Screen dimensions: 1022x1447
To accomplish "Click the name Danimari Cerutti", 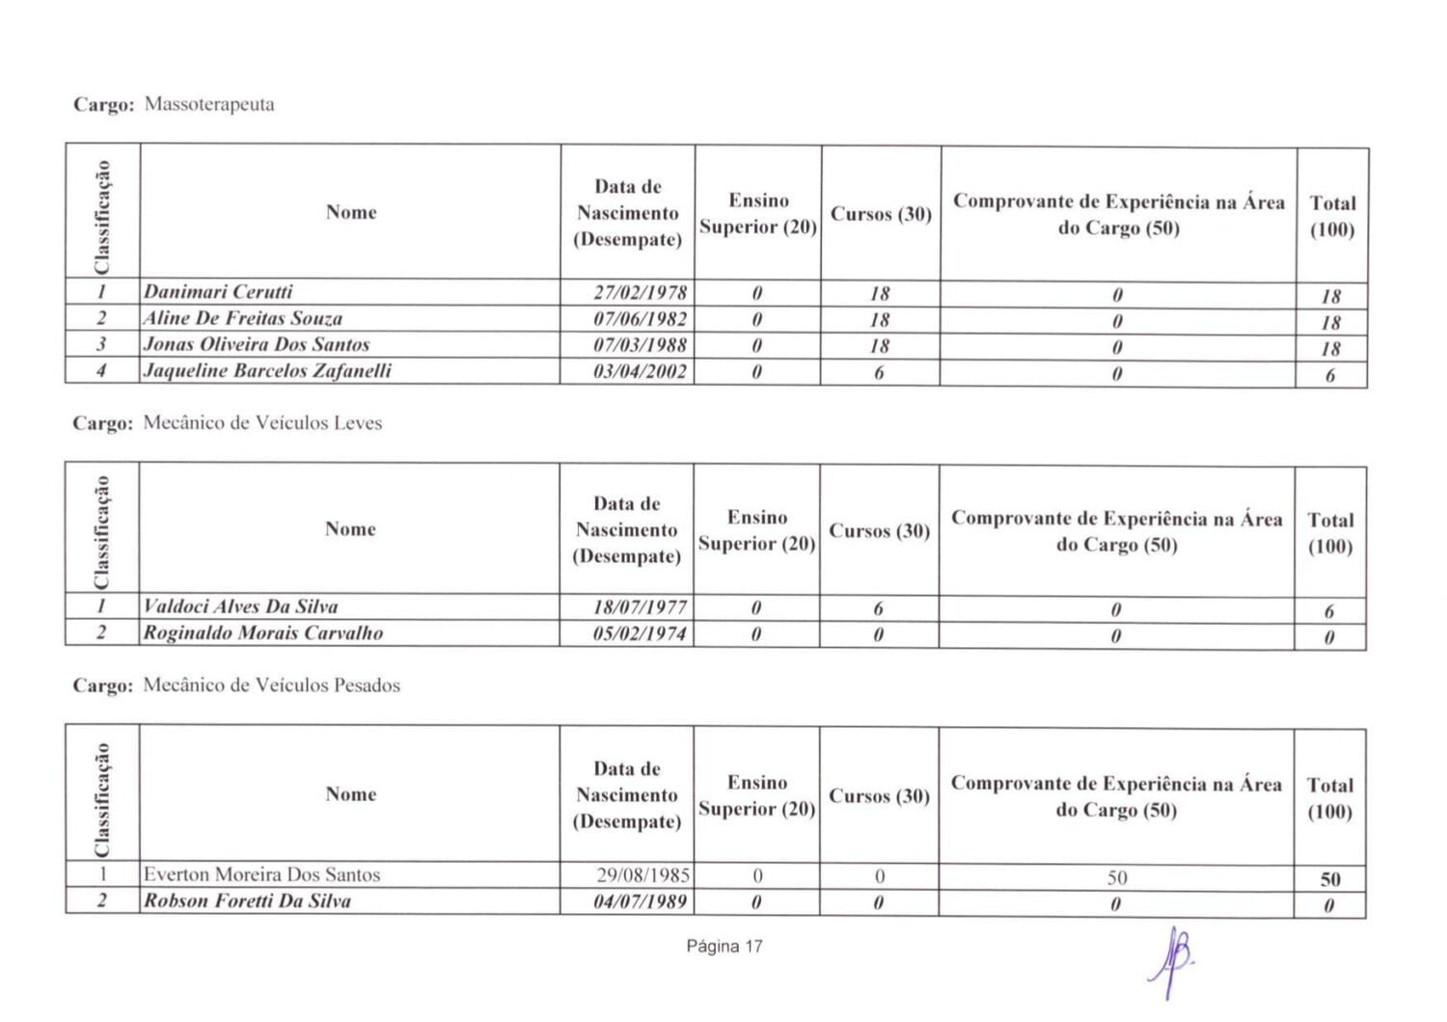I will coord(218,291).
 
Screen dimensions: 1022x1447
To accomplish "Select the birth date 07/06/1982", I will coord(640,318).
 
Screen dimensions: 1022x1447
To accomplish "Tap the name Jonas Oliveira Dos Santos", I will coord(257,344).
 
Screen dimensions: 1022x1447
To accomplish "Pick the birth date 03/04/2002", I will coord(640,371).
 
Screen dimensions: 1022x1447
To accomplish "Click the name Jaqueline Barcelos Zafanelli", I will coord(267,370).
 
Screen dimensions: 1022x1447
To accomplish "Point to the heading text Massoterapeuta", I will coord(209,104).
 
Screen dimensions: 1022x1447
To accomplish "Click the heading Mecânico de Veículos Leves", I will coord(262,422).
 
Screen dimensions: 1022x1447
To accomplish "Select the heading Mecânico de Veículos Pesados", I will coord(271,686).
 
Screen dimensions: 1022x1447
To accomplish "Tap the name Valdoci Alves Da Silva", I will coord(241,606).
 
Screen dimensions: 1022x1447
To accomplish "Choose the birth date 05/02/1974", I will coord(640,633).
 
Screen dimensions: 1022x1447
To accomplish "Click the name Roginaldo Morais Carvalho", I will coord(263,633).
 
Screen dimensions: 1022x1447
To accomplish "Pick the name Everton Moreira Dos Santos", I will coord(261,874).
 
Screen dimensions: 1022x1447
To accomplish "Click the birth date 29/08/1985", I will coord(642,875).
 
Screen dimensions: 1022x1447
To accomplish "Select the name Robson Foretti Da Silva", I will coord(247,901).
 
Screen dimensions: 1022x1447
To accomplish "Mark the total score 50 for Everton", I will coord(1330,879).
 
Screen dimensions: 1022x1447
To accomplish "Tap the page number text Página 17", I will coord(724,946).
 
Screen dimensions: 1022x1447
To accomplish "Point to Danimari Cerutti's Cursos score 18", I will coord(880,293).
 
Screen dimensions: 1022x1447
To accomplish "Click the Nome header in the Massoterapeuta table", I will coord(351,212).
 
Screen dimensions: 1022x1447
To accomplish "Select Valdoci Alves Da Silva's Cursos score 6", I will coord(878,608).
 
